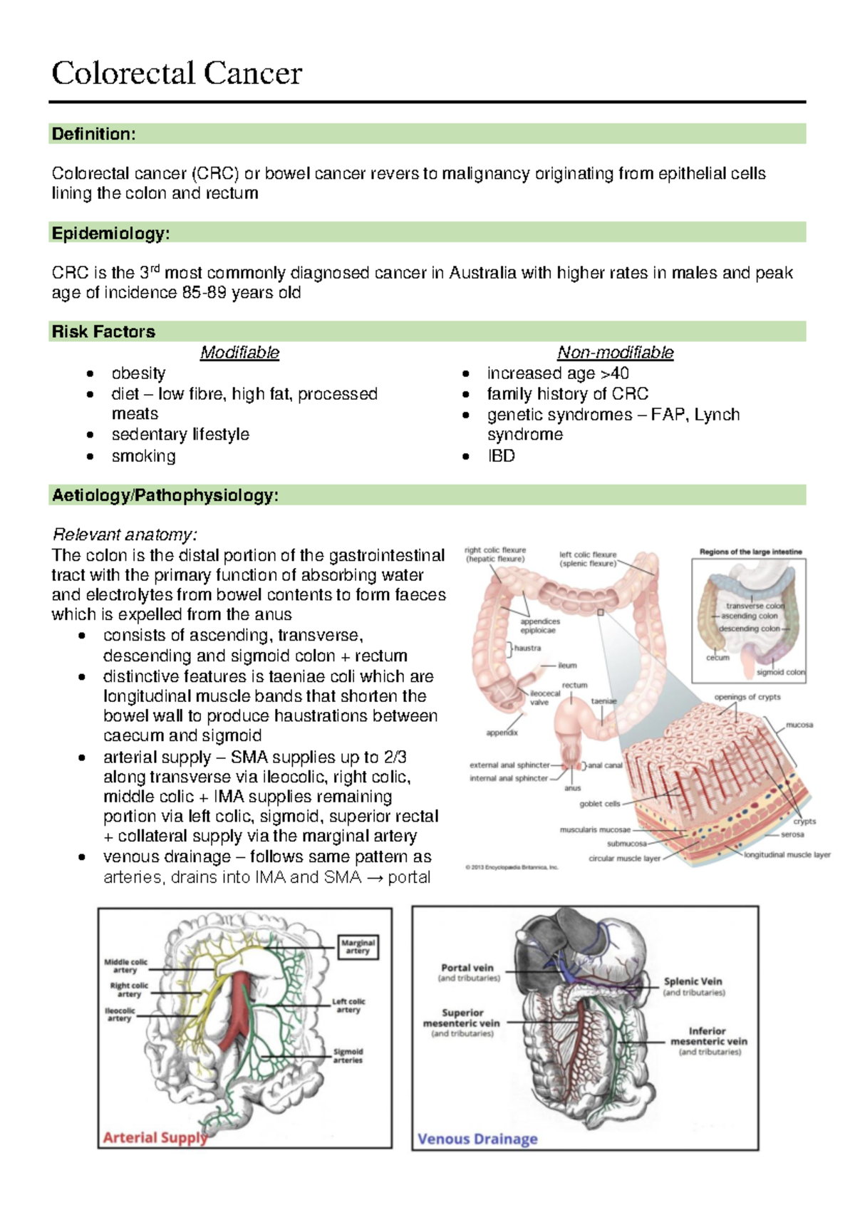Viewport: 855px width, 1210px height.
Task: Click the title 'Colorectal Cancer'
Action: tap(177, 73)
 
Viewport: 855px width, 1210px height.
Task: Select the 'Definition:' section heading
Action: tap(93, 134)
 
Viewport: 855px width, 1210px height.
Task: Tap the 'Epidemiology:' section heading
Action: tap(110, 233)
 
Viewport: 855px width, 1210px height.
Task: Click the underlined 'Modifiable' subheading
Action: tap(239, 352)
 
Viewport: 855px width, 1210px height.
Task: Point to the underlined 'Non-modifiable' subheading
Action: tap(615, 352)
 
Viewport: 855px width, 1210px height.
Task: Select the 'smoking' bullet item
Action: tap(143, 456)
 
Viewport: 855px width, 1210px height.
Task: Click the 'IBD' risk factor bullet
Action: tap(501, 456)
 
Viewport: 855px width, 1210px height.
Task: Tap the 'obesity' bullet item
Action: tap(138, 373)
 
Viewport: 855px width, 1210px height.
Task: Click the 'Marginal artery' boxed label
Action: tap(358, 946)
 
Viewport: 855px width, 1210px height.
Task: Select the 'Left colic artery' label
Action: tap(348, 1005)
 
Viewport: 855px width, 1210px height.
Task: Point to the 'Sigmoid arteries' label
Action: tap(348, 1055)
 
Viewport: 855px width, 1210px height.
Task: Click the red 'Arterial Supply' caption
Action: tap(155, 1137)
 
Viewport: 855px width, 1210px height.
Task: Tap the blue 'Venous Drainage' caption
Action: tap(477, 1139)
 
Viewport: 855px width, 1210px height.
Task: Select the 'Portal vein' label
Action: tap(467, 968)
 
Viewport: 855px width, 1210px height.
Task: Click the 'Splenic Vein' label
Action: tap(693, 981)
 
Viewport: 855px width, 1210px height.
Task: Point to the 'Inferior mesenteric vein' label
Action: tap(708, 1036)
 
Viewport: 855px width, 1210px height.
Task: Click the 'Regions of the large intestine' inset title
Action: tap(750, 552)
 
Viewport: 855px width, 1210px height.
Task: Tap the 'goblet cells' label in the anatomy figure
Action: tap(599, 804)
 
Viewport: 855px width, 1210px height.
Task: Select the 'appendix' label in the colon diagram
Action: tap(502, 733)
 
